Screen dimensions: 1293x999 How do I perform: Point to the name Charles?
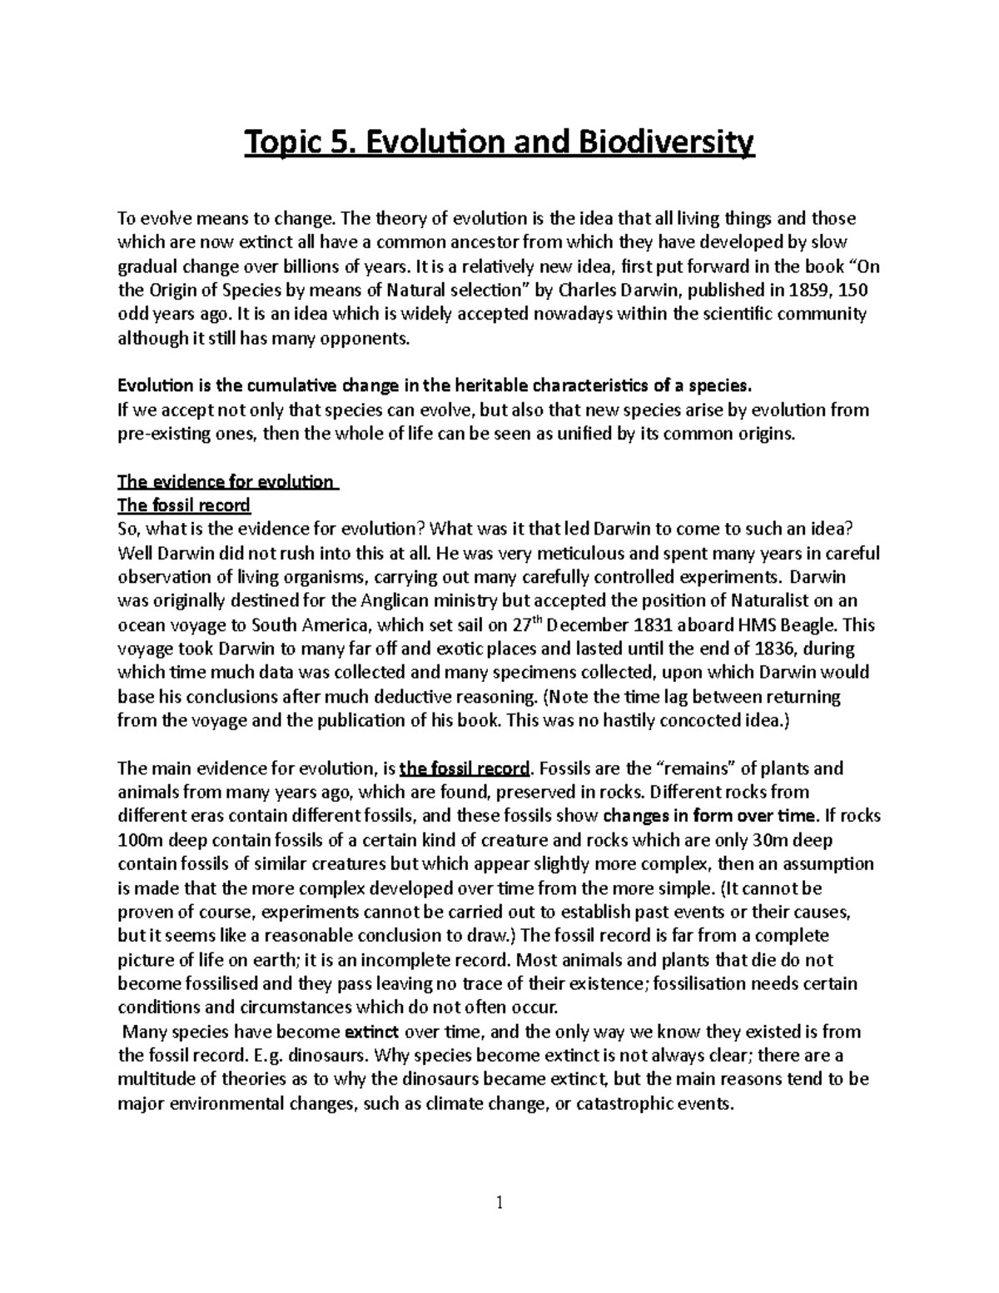(588, 291)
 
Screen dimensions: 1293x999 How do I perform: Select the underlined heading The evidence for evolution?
(226, 482)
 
